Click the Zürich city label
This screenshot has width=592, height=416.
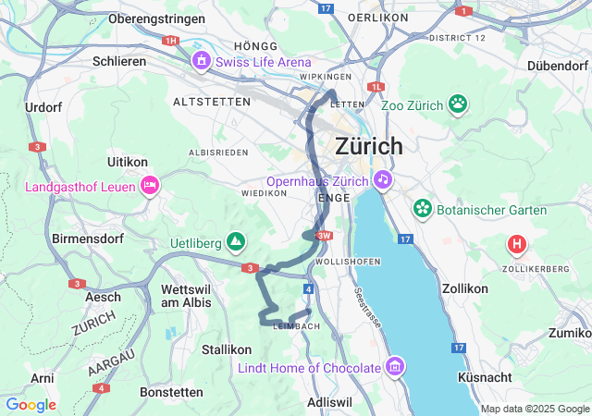(369, 146)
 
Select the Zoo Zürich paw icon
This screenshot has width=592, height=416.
(458, 104)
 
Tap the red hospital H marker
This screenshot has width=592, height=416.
(517, 245)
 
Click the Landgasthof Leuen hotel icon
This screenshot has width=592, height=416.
(150, 186)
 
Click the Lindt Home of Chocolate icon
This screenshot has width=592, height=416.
(396, 367)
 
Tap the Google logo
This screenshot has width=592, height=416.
(31, 405)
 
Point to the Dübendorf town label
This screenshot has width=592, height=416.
(559, 66)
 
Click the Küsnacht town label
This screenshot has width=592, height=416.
(485, 378)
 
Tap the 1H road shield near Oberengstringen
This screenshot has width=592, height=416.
(169, 41)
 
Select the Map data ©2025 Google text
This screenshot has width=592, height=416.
(534, 409)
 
